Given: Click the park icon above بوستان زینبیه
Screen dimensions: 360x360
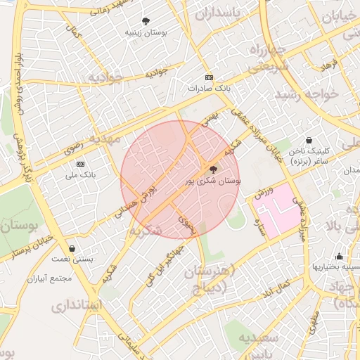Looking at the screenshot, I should [x=146, y=21].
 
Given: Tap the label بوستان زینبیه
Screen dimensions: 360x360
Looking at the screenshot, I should [x=146, y=32].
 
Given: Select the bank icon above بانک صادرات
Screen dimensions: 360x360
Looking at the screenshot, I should [x=209, y=77].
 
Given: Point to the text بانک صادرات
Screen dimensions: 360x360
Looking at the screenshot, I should [x=209, y=89].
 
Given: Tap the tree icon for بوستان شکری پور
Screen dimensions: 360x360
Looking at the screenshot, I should [x=213, y=169].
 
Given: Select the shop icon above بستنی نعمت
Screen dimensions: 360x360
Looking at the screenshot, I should [x=73, y=248].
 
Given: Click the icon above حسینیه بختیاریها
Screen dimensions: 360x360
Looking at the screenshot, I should [x=339, y=256].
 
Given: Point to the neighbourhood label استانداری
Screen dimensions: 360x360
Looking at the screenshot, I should [x=77, y=306].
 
